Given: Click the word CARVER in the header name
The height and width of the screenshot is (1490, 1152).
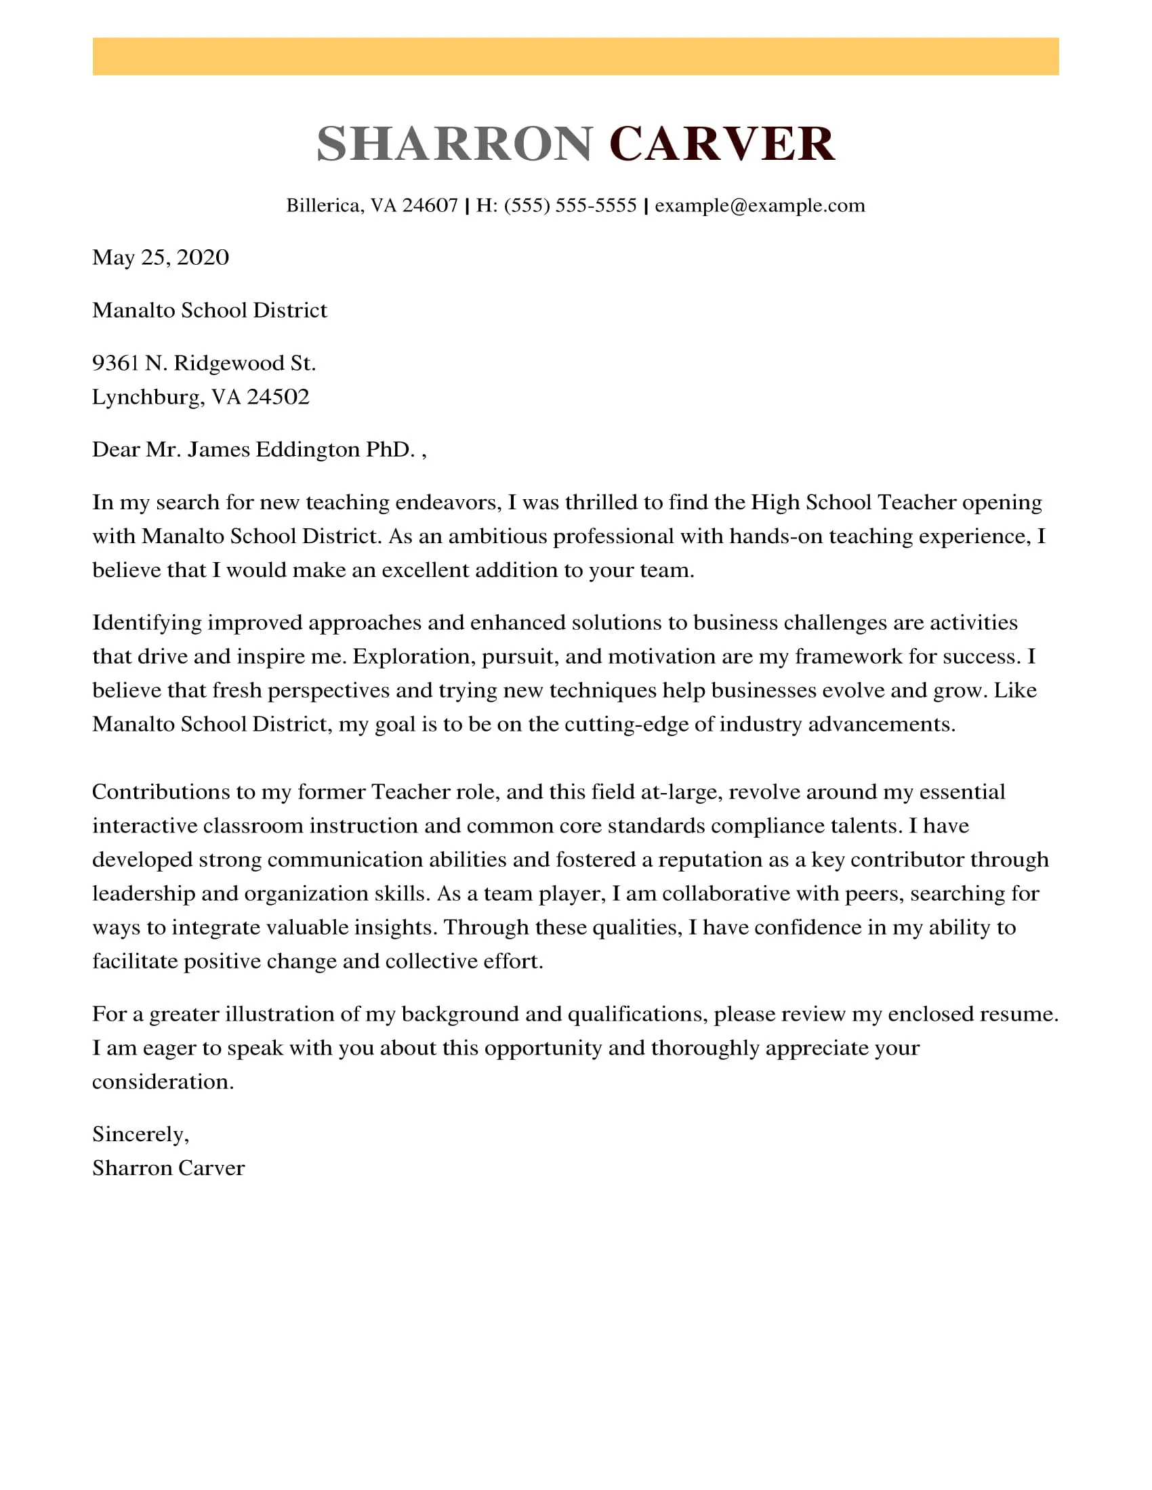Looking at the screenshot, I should tap(722, 144).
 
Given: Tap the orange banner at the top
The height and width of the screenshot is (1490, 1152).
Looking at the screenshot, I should tap(575, 57).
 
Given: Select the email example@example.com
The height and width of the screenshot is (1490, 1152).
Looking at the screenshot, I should tap(760, 205).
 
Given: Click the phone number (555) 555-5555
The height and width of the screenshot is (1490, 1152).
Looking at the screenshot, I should tap(570, 205).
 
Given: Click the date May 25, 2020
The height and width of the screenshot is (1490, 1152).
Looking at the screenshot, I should tap(161, 257).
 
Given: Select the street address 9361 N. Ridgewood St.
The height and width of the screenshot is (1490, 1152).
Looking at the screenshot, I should tap(204, 363).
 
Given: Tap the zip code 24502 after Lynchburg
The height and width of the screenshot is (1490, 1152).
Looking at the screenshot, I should tap(278, 397).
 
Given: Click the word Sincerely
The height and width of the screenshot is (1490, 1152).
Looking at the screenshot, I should tap(140, 1134).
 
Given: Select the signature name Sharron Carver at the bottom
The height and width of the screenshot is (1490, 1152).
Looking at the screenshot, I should tap(168, 1169).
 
